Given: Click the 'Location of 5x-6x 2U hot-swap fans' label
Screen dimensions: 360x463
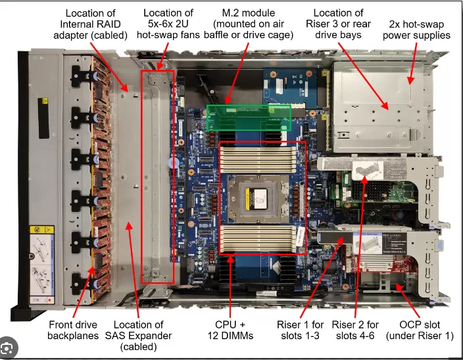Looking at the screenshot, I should tap(168, 24).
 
